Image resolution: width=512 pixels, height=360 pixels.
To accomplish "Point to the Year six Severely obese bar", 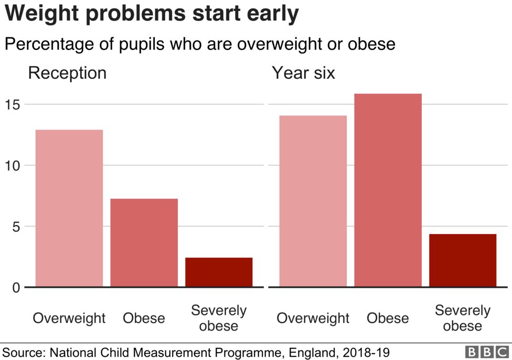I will coord(463,260).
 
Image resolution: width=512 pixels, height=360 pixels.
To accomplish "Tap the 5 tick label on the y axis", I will coord(16,227).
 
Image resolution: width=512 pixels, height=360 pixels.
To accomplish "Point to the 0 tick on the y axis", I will coord(16,288).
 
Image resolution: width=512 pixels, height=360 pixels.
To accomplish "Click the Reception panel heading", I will coord(67,73).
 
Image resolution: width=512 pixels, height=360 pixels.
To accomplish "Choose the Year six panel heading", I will coord(303,73).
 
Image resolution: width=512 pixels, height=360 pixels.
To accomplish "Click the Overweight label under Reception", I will coord(69,318).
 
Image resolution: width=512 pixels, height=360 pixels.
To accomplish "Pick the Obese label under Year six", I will coord(388,318).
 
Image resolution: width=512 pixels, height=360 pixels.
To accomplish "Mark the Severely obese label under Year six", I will coord(463,318).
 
